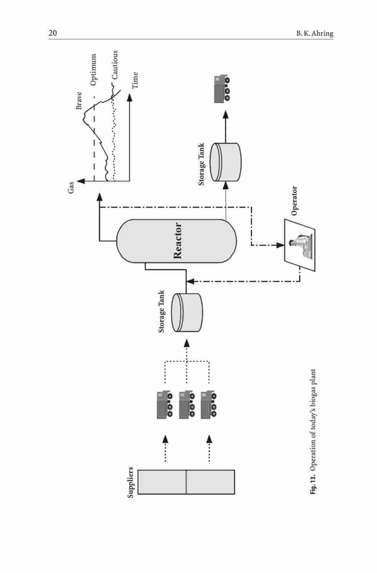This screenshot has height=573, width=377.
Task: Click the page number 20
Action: [x=53, y=33]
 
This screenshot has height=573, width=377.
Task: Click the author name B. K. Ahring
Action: [x=315, y=34]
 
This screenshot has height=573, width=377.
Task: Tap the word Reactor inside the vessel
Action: [x=178, y=241]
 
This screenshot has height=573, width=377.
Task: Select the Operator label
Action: [x=294, y=201]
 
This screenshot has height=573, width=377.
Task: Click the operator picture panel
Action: [x=300, y=245]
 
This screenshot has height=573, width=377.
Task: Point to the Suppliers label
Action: [x=130, y=482]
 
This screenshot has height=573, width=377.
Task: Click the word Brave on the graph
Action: [x=79, y=100]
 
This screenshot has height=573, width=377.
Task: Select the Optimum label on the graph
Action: [x=94, y=69]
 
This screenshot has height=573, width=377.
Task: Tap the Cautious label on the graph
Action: [x=115, y=65]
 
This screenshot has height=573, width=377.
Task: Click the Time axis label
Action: [x=135, y=80]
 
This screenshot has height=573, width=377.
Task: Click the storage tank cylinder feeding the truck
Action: [x=227, y=162]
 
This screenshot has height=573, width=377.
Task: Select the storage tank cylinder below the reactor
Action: [x=188, y=312]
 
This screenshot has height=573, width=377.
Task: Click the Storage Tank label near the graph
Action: [x=201, y=164]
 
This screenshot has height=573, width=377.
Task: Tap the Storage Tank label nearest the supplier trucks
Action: [x=161, y=311]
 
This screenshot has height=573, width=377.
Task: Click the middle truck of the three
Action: [x=187, y=404]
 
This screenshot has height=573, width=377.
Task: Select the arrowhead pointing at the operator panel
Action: [x=280, y=245]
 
